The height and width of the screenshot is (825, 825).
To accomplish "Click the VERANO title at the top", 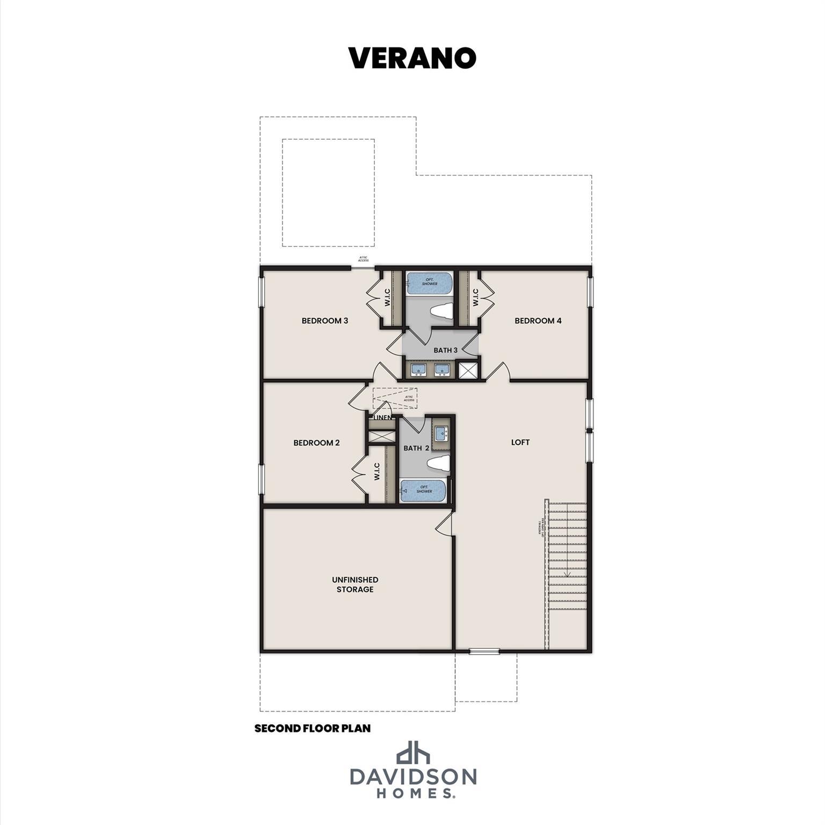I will click(x=412, y=58).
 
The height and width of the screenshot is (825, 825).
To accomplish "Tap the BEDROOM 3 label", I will click(x=324, y=321).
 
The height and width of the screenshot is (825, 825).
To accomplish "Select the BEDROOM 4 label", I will click(x=538, y=321).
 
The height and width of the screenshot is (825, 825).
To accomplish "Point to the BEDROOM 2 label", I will click(x=316, y=443).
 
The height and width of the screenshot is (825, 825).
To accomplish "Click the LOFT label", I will click(x=520, y=442).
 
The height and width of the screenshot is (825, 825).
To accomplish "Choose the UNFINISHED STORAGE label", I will click(x=354, y=584).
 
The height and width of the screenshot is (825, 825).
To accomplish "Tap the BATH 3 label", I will click(x=445, y=350).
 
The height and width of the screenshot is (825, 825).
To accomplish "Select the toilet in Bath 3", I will click(x=442, y=312).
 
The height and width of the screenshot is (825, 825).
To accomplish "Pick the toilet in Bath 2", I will click(x=438, y=463).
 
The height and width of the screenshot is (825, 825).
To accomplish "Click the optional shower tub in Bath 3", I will click(x=430, y=283).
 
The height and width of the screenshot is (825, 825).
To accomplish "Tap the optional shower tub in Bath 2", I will click(x=423, y=490).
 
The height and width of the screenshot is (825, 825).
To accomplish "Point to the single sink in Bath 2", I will click(x=441, y=432).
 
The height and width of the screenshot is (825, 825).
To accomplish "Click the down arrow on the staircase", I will click(x=567, y=574).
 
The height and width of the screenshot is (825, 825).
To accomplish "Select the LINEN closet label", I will click(x=382, y=417).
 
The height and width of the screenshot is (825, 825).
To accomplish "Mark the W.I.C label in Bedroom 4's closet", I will click(x=475, y=298).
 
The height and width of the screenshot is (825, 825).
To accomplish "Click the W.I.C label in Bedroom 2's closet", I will click(x=377, y=472).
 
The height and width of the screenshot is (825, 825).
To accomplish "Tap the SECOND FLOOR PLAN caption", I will click(x=312, y=728).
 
